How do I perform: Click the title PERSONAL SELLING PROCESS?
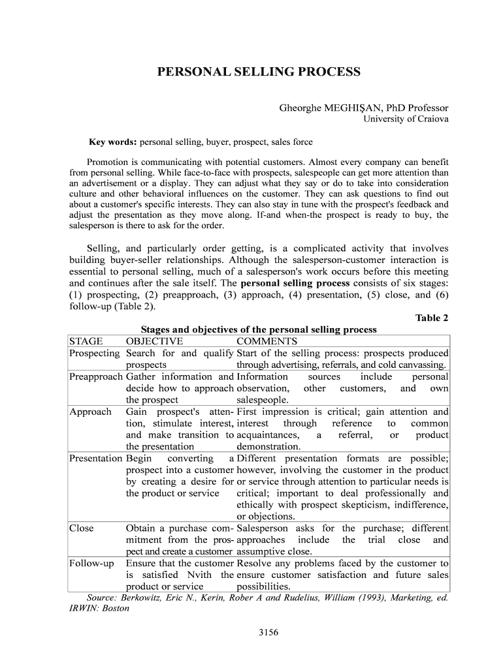click(x=258, y=71)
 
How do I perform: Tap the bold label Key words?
click(x=113, y=142)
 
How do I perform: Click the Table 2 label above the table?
click(x=432, y=318)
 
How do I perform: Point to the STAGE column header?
click(x=86, y=341)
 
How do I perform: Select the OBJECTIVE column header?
click(x=154, y=341)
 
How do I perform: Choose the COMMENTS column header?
click(x=267, y=341)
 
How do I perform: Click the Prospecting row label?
click(x=95, y=353)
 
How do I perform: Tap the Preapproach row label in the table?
click(x=96, y=376)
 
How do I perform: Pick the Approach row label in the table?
click(x=90, y=412)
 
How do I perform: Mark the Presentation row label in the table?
click(x=96, y=459)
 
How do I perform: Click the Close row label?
click(x=82, y=528)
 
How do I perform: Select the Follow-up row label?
click(x=91, y=563)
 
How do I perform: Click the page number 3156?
click(x=269, y=632)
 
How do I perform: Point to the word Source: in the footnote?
click(x=102, y=598)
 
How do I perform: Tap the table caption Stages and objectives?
click(x=259, y=330)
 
